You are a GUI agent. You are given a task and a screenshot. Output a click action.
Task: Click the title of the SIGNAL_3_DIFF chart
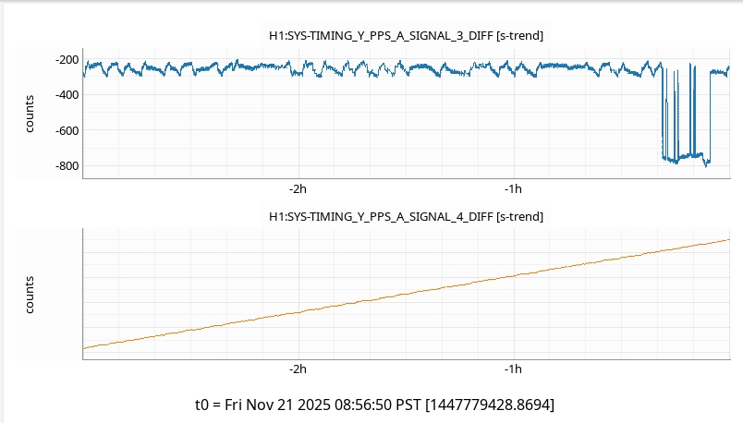click(x=405, y=35)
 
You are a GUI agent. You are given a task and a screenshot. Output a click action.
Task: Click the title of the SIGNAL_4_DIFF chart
click(x=405, y=216)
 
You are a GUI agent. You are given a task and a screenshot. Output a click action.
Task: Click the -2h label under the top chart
click(x=297, y=189)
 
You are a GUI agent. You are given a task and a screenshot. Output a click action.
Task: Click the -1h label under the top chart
click(x=514, y=189)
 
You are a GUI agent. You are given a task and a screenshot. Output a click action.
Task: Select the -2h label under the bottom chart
click(x=297, y=369)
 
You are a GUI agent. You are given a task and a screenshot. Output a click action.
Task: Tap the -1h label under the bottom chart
click(x=514, y=369)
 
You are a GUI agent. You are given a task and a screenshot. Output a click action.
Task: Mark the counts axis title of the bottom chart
click(x=30, y=294)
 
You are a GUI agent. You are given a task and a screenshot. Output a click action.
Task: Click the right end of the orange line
click(x=729, y=240)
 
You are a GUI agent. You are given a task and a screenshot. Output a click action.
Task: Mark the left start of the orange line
click(x=84, y=348)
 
